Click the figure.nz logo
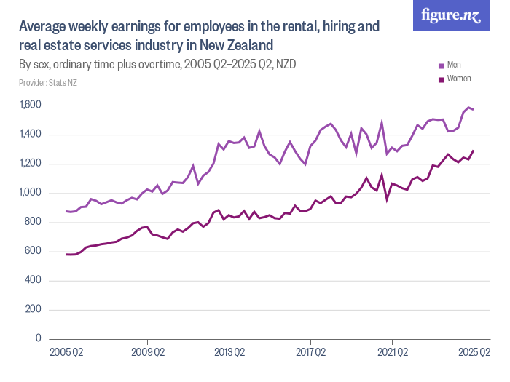pos(451,15)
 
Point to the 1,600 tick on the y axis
pos(31,106)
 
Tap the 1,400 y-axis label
pos(31,135)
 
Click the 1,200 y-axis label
pos(31,164)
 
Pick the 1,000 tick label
pos(31,193)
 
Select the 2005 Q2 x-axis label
pos(66,352)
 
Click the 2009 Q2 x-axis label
pos(147,352)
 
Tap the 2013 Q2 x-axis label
pos(229,352)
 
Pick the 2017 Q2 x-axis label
pos(310,352)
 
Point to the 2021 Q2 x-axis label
pos(392,352)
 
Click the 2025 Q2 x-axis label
pos(474,352)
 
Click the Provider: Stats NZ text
pos(48,83)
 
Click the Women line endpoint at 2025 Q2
pos(474,151)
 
